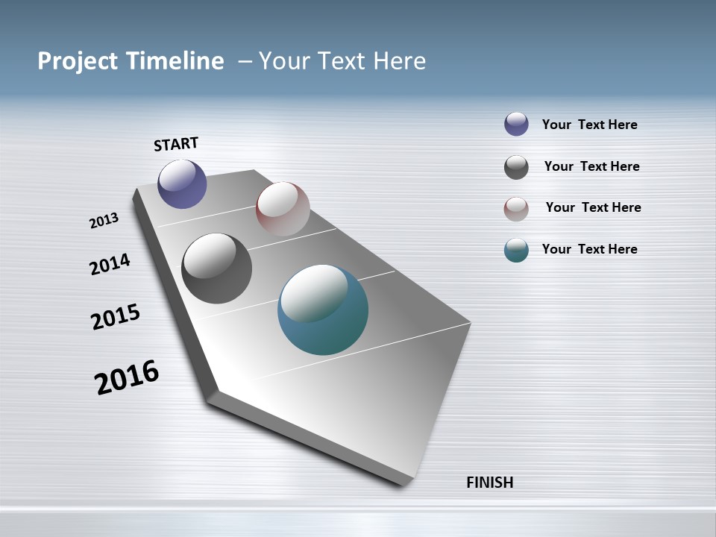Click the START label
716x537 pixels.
[176, 144]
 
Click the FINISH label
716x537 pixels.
[489, 483]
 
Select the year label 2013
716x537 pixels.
[104, 221]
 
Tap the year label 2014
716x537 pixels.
[110, 265]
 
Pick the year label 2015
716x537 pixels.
[115, 317]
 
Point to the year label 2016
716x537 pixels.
[127, 377]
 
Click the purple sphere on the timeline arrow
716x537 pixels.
[182, 183]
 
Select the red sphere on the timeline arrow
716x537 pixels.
[283, 209]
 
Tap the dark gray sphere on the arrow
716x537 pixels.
[216, 268]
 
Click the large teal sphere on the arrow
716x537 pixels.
[323, 310]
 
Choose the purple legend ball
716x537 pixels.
[516, 124]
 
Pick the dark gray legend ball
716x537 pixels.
[516, 167]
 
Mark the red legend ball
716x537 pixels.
[516, 209]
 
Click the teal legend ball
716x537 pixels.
[516, 250]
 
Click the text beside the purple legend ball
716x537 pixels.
[589, 125]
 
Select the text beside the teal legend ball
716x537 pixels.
[589, 249]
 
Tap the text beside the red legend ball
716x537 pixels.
[593, 207]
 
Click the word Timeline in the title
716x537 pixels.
[175, 61]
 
